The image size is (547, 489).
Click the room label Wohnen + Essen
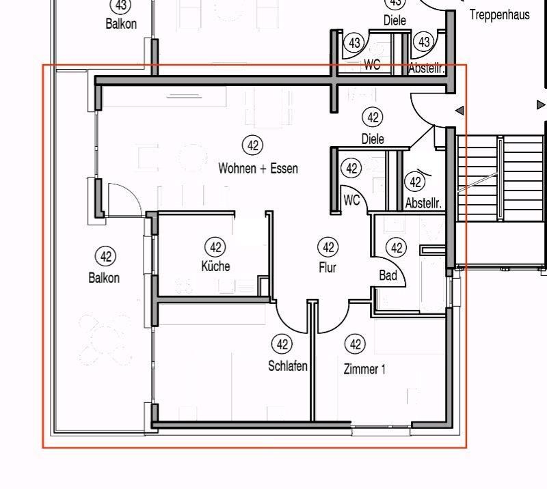pos(258,168)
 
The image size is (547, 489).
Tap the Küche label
pos(215,266)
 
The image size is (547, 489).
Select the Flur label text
pos(328,268)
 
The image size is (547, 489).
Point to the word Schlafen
pos(287,366)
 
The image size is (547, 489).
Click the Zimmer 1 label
pos(364,369)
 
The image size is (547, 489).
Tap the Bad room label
pos(388,275)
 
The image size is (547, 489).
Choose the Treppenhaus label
pos(499,14)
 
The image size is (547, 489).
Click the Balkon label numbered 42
pos(104,278)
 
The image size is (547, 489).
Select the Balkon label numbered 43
pos(121,24)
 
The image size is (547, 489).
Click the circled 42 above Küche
pos(215,247)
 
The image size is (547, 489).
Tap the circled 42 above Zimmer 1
pos(354,344)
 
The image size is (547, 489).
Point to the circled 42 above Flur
pos(328,247)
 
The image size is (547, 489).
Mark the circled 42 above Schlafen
pos(281,344)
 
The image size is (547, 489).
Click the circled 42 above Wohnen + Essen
pos(252,145)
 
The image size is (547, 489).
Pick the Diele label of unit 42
pos(373,139)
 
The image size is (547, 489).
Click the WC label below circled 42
pos(351,200)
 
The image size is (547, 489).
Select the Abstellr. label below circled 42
pos(424,204)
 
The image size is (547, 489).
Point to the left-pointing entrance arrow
pos(459,110)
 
